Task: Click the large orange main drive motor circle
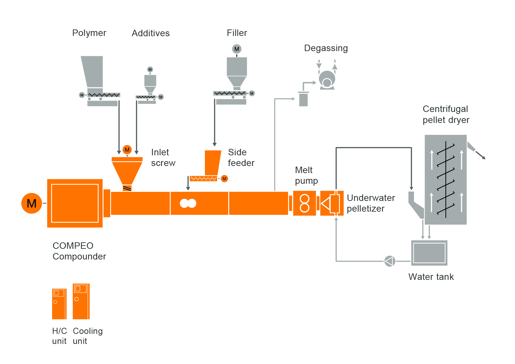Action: click(32, 203)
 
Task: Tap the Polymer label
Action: click(89, 33)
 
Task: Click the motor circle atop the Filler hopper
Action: click(237, 49)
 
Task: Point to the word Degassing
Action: click(326, 48)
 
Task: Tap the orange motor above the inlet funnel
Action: click(127, 149)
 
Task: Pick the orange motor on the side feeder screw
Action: click(224, 179)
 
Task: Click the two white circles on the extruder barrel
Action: click(188, 203)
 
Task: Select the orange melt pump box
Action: click(304, 203)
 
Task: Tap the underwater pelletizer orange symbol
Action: click(331, 203)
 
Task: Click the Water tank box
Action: click(429, 253)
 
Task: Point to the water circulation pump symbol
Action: click(390, 261)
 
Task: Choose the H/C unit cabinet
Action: click(59, 304)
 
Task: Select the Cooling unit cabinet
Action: click(81, 301)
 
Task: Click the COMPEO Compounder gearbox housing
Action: click(75, 203)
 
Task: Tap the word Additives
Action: click(151, 33)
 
